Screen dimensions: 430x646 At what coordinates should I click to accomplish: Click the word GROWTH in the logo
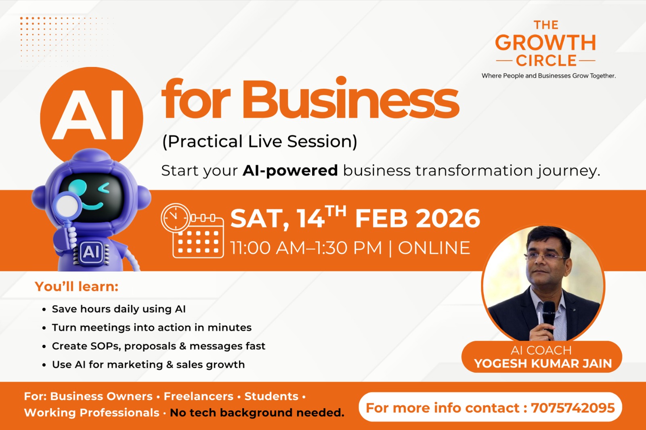[x=545, y=43]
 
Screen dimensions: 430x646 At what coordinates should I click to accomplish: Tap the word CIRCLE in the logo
[x=546, y=61]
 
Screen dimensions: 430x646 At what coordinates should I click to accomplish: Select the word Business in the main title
[x=350, y=99]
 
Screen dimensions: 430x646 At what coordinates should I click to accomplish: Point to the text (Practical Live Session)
[x=260, y=142]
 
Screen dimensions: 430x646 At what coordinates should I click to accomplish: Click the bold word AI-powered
[x=290, y=170]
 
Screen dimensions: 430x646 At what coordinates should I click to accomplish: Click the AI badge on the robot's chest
[x=91, y=252]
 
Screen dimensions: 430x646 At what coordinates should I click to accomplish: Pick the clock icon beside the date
[x=175, y=218]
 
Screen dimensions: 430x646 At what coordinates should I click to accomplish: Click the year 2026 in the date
[x=448, y=218]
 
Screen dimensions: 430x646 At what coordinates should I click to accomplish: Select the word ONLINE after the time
[x=434, y=248]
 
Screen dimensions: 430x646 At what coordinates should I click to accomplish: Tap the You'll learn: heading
[x=77, y=287]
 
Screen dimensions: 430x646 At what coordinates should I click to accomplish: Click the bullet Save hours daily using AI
[x=119, y=309]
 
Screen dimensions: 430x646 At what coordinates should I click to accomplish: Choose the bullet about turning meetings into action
[x=151, y=327]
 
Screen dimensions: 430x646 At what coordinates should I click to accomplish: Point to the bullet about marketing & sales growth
[x=148, y=365]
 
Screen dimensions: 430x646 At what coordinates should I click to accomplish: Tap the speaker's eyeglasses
[x=546, y=256]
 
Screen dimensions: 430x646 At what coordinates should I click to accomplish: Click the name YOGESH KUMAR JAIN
[x=543, y=363]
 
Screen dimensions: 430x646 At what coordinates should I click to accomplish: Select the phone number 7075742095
[x=573, y=408]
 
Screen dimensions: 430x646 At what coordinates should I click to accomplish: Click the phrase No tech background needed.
[x=257, y=413]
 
